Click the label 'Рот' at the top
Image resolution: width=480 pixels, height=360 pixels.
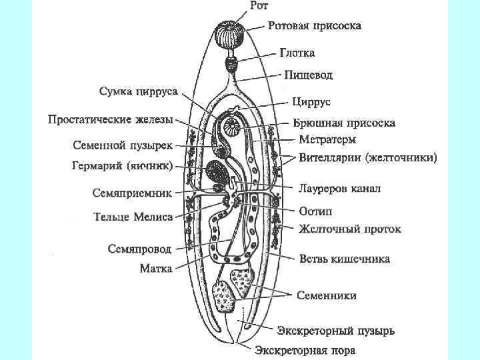259,7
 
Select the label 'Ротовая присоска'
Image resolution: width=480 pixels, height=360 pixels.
315,27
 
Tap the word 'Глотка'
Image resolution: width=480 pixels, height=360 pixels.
297,53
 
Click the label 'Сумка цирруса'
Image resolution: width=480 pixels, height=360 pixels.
138,91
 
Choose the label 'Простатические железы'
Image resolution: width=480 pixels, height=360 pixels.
110,120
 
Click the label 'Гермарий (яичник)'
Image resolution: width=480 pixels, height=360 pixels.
123,165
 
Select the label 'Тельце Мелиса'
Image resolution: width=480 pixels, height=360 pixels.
133,217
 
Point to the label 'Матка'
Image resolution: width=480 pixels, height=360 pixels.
155,269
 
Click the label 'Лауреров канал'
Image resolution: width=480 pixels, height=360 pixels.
339,189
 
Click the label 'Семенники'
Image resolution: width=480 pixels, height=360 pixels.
326,295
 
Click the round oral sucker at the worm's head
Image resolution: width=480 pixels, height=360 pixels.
229,33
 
